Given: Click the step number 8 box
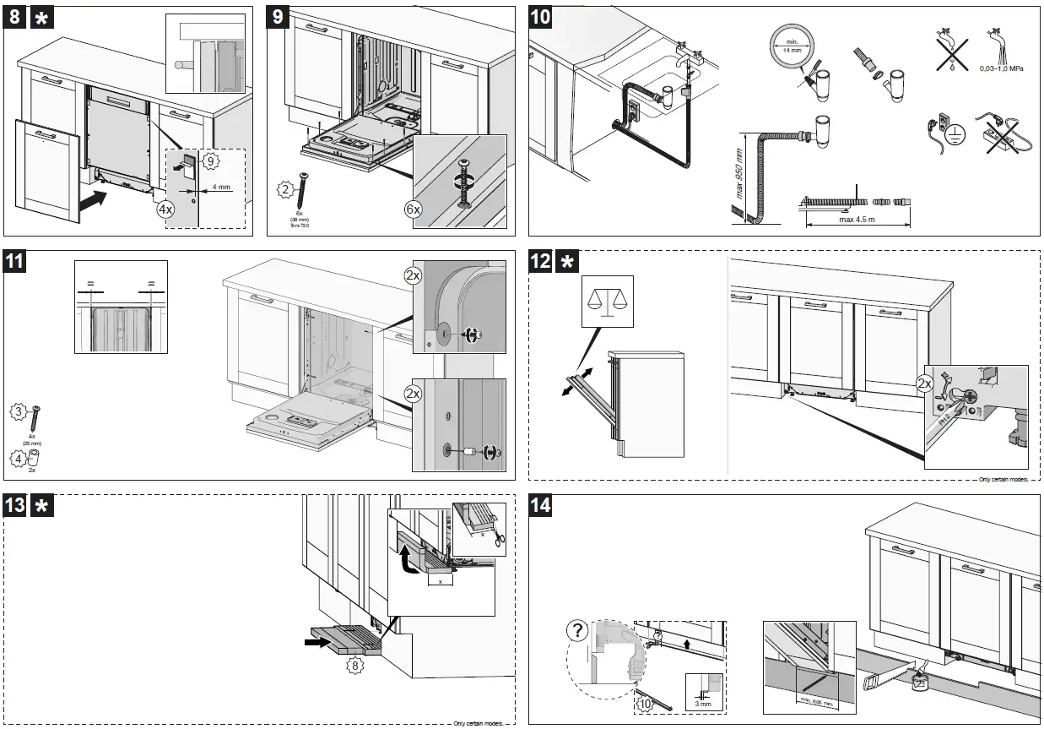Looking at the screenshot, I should click(x=14, y=18).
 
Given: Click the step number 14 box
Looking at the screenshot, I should click(x=541, y=506).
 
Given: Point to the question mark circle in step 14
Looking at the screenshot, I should click(x=577, y=630).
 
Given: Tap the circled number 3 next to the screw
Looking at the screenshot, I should click(x=18, y=411).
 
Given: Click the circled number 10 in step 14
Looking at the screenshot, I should click(x=646, y=702).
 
